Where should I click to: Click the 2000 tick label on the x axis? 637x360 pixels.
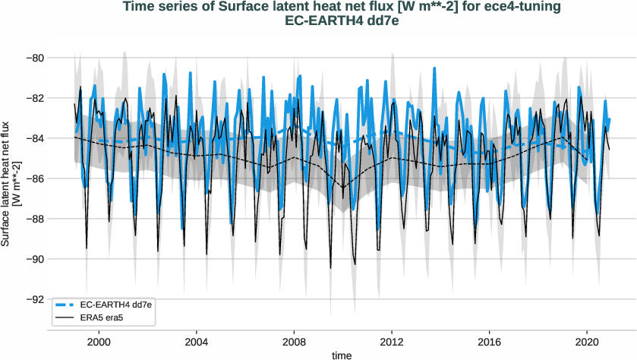click(99, 343)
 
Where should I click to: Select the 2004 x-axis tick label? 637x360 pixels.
click(196, 343)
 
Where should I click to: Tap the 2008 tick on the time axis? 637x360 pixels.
click(294, 343)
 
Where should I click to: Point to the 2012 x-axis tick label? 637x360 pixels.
click(391, 343)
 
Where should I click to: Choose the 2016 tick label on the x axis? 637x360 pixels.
click(489, 343)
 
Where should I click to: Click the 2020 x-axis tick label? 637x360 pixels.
click(586, 343)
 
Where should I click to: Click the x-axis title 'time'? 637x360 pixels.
click(342, 355)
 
